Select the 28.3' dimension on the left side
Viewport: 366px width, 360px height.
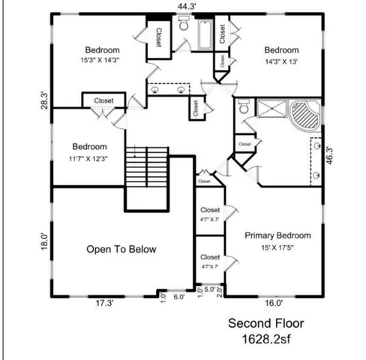tap(44, 100)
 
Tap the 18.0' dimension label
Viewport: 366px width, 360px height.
tap(44, 241)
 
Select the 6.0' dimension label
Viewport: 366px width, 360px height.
tap(179, 296)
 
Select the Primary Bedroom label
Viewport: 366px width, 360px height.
tap(277, 235)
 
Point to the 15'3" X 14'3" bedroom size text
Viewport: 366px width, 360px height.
tap(102, 59)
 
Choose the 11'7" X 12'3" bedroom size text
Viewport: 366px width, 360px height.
tap(89, 157)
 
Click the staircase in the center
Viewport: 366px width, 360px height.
tap(145, 169)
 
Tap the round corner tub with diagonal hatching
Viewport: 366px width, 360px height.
tap(305, 115)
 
